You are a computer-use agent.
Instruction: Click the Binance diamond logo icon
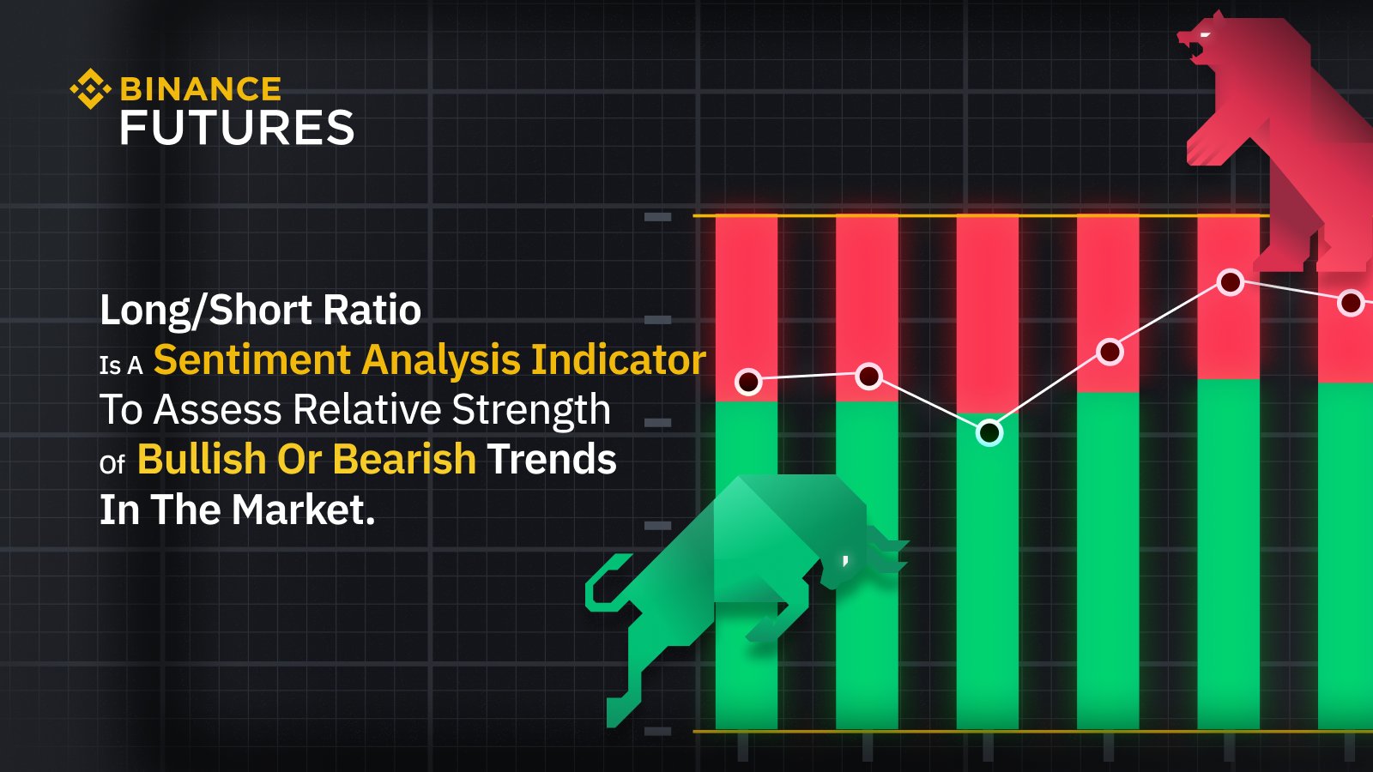(x=90, y=89)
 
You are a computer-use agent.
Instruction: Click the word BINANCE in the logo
(x=201, y=89)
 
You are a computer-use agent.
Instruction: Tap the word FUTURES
(x=237, y=129)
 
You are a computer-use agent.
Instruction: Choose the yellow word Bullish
(x=201, y=459)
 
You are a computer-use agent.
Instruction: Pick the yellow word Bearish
(x=404, y=459)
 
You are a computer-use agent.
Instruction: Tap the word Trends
(x=552, y=459)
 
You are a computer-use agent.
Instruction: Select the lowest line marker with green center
(x=989, y=432)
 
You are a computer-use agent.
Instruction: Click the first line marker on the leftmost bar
(x=748, y=382)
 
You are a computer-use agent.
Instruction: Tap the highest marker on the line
(x=1231, y=282)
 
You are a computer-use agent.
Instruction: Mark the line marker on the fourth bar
(x=1110, y=352)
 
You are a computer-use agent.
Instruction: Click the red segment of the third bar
(x=988, y=309)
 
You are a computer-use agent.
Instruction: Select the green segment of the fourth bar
(x=1108, y=558)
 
